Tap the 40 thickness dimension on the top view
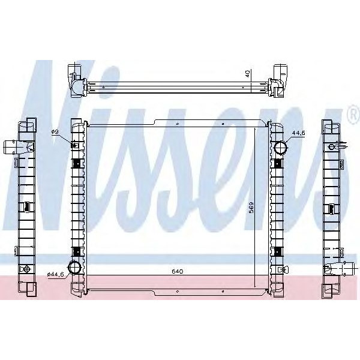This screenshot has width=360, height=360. pyautogui.click(x=248, y=75)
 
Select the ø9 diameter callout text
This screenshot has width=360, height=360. pyautogui.click(x=55, y=132)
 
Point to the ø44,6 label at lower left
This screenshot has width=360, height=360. pyautogui.click(x=55, y=274)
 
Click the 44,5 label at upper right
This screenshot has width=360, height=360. pyautogui.click(x=298, y=133)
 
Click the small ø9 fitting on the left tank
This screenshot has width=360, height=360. pyautogui.click(x=74, y=145)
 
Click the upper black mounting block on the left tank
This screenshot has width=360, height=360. pyautogui.click(x=76, y=163)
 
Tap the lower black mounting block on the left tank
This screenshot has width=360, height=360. pyautogui.click(x=76, y=251)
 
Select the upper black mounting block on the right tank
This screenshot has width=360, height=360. pyautogui.click(x=277, y=163)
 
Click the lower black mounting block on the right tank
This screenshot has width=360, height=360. pyautogui.click(x=277, y=251)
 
